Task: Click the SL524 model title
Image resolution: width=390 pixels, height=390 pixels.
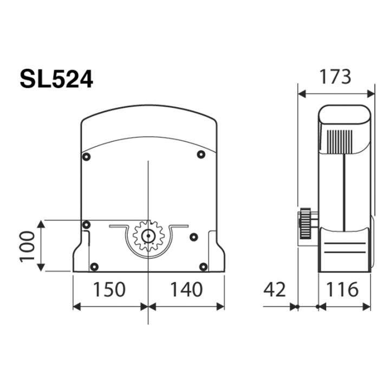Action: [x=56, y=79]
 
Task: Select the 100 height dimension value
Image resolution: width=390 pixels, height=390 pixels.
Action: [x=28, y=245]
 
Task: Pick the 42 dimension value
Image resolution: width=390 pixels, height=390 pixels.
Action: [x=275, y=289]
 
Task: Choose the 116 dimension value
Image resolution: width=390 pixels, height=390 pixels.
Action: [x=342, y=289]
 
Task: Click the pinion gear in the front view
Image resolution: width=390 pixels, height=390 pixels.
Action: [x=148, y=236]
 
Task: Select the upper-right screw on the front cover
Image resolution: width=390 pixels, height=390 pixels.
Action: [x=201, y=154]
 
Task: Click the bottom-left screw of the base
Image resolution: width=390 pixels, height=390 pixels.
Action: [x=94, y=266]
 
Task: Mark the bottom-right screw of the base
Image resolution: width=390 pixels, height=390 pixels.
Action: [x=203, y=266]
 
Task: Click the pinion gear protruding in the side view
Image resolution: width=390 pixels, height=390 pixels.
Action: [x=306, y=224]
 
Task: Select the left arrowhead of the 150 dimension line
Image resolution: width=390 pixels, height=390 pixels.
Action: [x=76, y=307]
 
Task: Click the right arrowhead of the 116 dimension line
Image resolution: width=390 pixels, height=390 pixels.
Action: [x=368, y=307]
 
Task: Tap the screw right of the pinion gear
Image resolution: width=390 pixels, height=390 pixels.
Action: [x=193, y=236]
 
